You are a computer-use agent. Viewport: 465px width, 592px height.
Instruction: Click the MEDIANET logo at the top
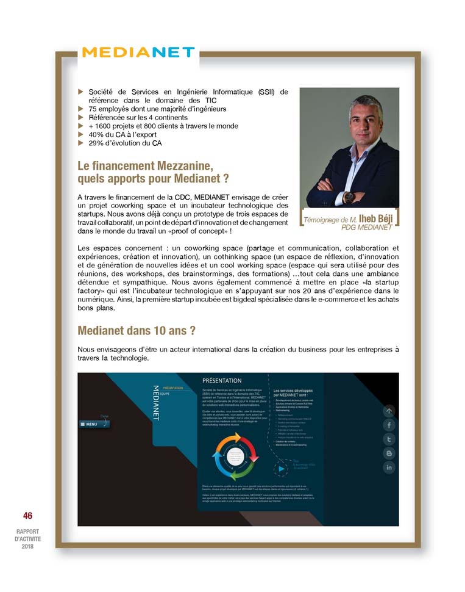(138, 52)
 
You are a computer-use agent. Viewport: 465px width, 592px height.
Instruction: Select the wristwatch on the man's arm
(349, 197)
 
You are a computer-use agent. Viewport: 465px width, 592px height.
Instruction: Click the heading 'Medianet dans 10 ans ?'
(137, 331)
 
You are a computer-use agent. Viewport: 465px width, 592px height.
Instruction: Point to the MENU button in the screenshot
(89, 424)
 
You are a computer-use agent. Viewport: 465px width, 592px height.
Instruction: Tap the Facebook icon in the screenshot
(389, 425)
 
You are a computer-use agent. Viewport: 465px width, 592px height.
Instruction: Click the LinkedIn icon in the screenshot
(389, 467)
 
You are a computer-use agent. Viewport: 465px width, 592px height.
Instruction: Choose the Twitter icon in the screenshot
(389, 439)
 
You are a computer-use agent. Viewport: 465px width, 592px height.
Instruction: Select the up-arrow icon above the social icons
(389, 411)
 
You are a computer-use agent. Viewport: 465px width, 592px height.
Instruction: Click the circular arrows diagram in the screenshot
(236, 455)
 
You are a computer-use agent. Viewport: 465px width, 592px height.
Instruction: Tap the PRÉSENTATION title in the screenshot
(222, 381)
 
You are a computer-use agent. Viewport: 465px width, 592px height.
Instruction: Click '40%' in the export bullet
(96, 134)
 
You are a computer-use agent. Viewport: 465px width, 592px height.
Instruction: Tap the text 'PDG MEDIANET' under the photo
(367, 228)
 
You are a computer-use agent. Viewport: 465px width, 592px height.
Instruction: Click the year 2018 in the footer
(27, 546)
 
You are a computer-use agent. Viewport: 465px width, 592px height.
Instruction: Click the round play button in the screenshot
(280, 469)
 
